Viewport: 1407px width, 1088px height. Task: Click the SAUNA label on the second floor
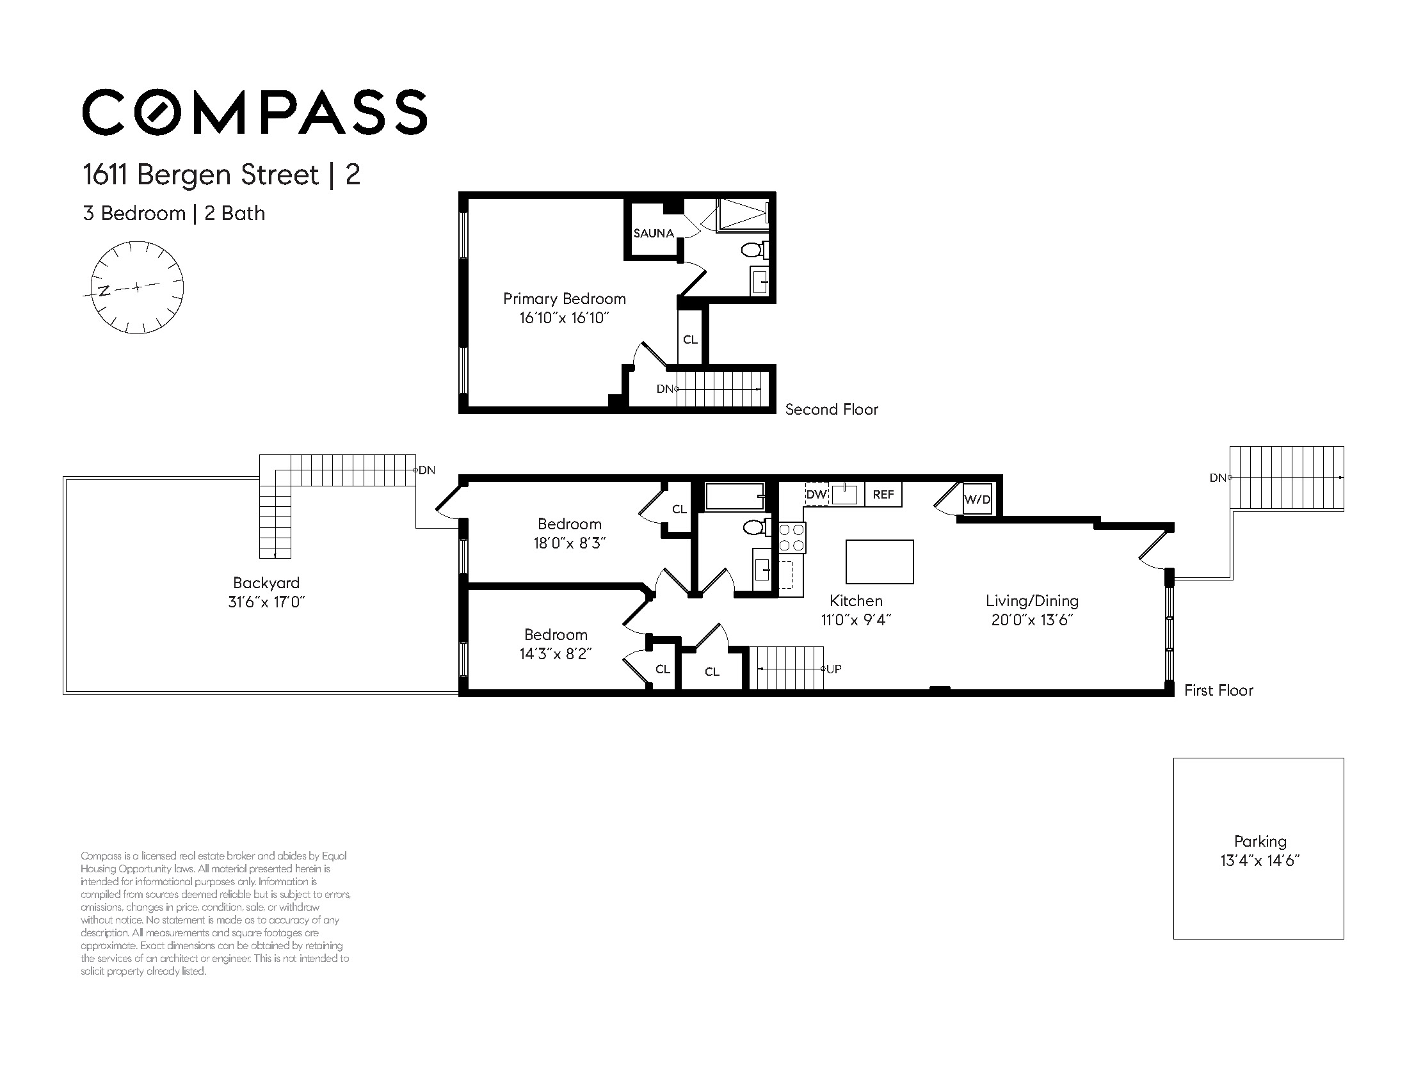[653, 233]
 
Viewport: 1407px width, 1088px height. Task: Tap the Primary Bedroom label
[565, 299]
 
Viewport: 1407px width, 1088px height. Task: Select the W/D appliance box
[977, 499]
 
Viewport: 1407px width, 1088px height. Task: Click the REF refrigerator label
[883, 495]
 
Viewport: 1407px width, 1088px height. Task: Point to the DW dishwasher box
[816, 495]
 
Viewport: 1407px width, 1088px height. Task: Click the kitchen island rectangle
[880, 562]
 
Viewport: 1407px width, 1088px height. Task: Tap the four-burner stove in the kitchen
[792, 538]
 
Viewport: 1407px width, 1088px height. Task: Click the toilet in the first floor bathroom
[757, 527]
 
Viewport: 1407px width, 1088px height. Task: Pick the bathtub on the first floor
[735, 497]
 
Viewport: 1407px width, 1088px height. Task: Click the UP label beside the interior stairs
[833, 669]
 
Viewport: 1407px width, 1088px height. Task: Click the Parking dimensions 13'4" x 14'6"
[1260, 861]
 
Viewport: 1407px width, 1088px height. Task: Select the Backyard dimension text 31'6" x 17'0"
[266, 602]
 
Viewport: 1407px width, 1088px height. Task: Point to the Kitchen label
[856, 601]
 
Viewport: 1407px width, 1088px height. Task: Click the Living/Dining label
[1032, 601]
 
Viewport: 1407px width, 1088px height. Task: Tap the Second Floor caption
[832, 410]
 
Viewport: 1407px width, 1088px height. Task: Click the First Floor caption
[1219, 691]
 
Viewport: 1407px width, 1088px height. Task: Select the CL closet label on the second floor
[690, 339]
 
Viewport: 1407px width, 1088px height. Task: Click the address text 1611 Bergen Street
[201, 175]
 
